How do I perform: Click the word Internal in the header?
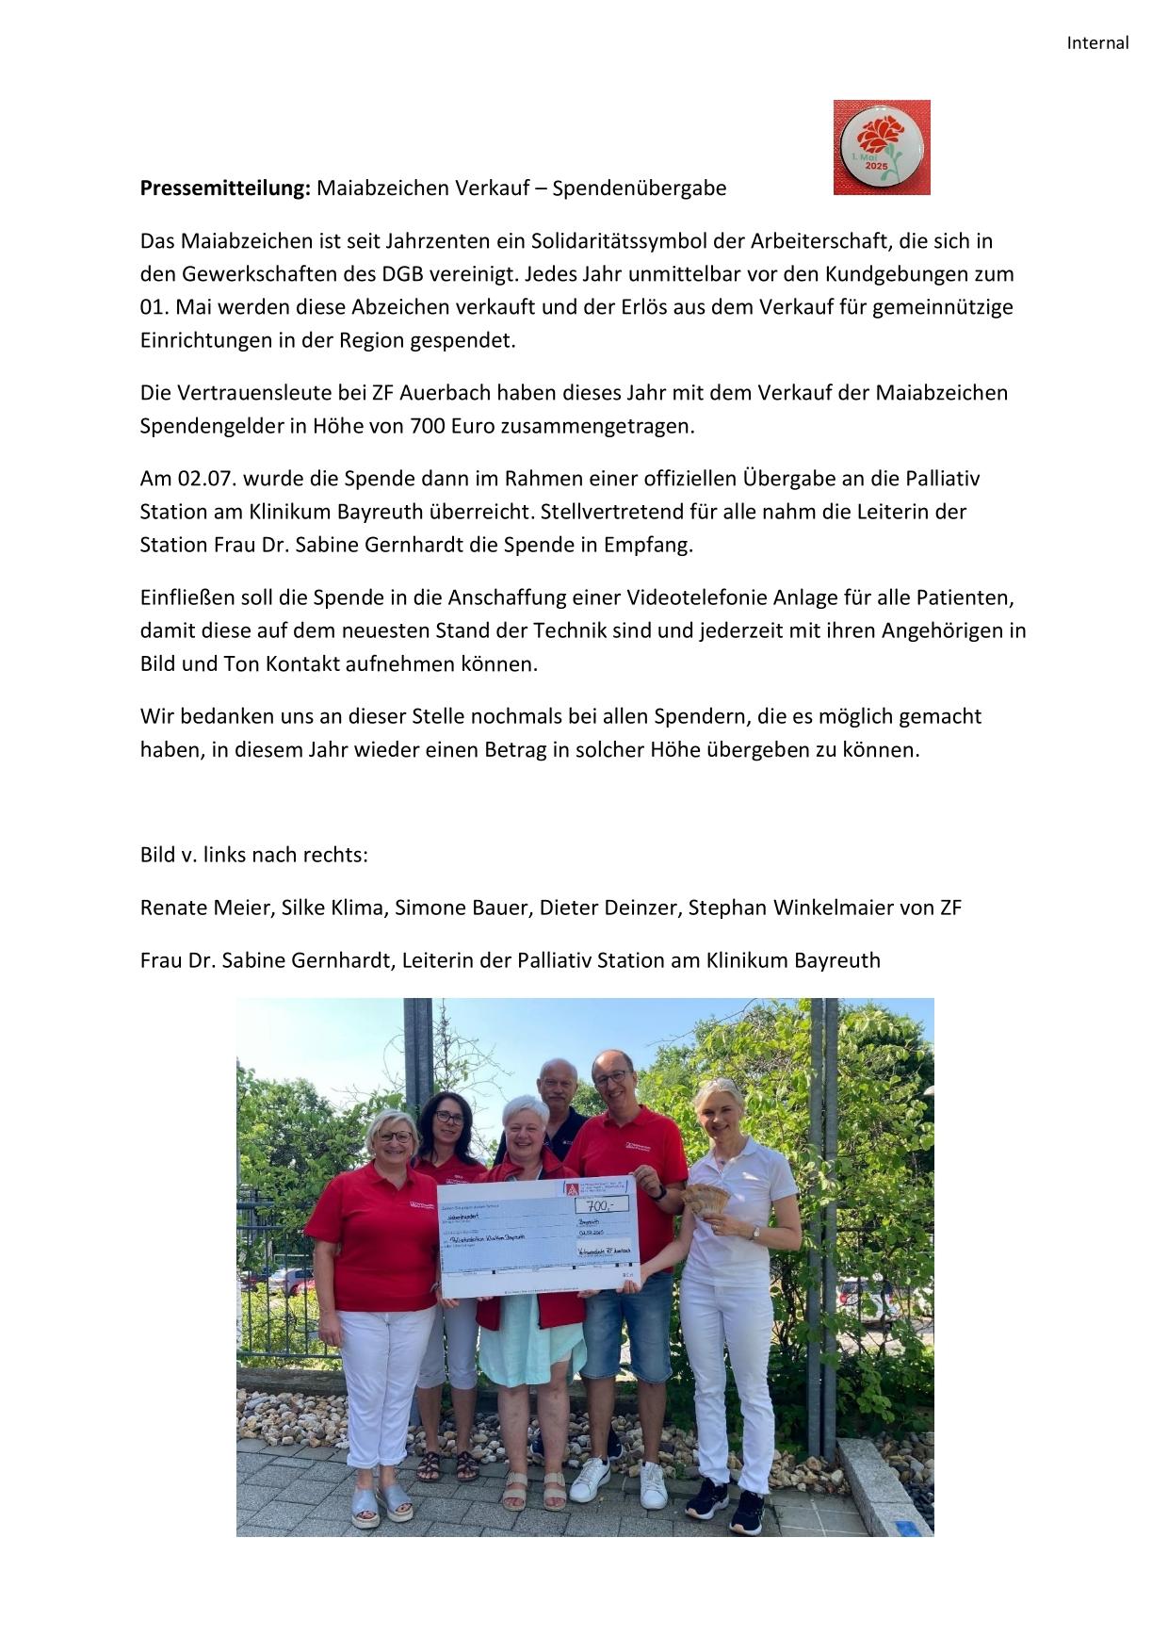(x=1097, y=42)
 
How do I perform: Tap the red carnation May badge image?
(x=882, y=147)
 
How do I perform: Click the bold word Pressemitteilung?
(x=225, y=188)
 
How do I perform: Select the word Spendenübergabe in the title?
(x=640, y=188)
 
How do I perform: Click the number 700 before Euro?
(x=428, y=425)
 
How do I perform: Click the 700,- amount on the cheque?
(x=602, y=1203)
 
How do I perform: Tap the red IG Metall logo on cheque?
(x=570, y=1188)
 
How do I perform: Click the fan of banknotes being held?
(x=705, y=1202)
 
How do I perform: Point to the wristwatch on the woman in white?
(x=754, y=1231)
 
